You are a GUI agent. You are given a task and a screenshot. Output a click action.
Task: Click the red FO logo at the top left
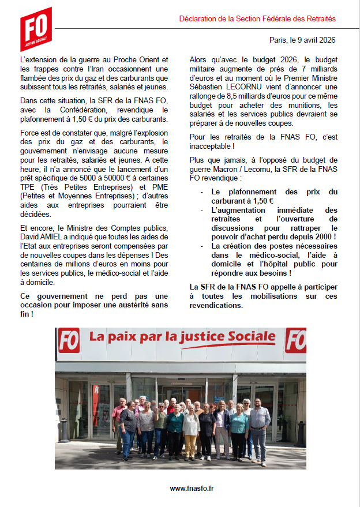tap(36, 29)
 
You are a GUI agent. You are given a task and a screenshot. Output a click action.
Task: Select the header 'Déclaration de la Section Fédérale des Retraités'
tap(257, 19)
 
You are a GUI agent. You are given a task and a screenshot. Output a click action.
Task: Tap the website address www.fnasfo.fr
tap(192, 488)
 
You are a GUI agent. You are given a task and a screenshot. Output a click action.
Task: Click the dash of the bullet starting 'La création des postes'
tap(201, 246)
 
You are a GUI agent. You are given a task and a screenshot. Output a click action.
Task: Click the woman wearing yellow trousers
tap(190, 430)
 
